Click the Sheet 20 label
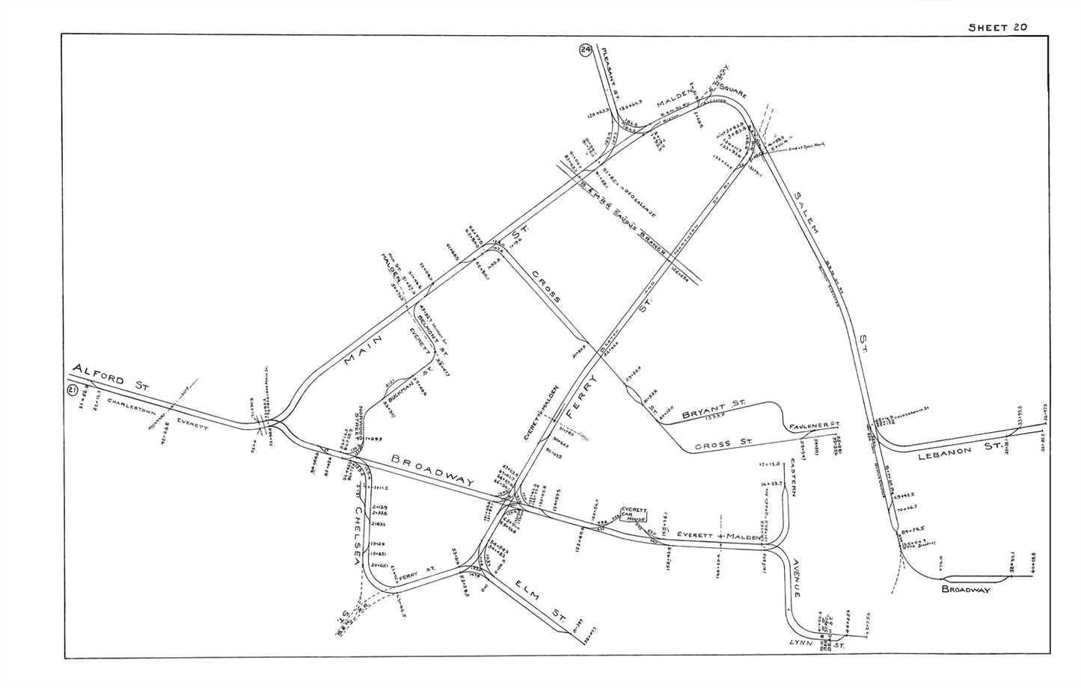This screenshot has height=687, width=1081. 997,27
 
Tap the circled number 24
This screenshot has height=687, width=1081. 585,51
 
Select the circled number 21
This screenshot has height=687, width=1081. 73,389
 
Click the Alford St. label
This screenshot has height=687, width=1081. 111,377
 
